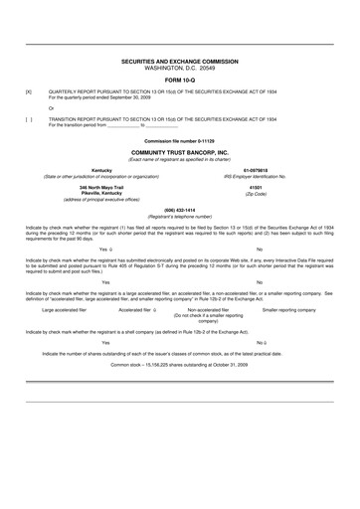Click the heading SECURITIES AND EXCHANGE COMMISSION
tap(180, 61)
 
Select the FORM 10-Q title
tap(180, 80)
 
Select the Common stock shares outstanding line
tap(180, 392)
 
